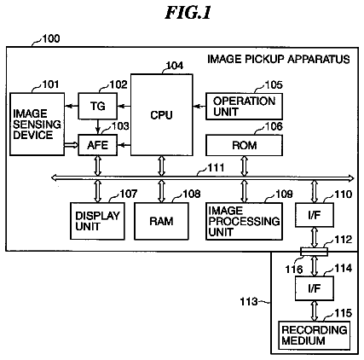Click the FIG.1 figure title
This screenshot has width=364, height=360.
188,13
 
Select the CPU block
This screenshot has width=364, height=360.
162,115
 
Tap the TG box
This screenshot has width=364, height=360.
97,106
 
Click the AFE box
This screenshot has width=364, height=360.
97,145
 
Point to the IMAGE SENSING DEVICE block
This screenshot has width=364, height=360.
37,124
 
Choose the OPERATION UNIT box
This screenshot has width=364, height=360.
244,106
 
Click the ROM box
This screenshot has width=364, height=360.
244,145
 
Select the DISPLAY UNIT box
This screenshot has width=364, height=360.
97,221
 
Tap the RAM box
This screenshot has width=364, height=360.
161,221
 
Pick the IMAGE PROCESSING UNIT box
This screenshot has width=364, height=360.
244,221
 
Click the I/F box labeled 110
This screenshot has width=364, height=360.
315,215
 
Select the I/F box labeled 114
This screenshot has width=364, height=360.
315,288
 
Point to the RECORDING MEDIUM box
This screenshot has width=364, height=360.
314,335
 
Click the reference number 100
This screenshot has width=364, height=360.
51,38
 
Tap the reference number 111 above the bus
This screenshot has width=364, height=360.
216,167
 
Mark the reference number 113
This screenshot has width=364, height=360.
249,301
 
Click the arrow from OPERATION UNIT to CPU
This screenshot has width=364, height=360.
199,107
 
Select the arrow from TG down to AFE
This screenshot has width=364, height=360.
98,127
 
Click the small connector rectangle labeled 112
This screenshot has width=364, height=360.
314,252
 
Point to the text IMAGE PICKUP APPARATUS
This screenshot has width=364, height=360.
279,59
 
